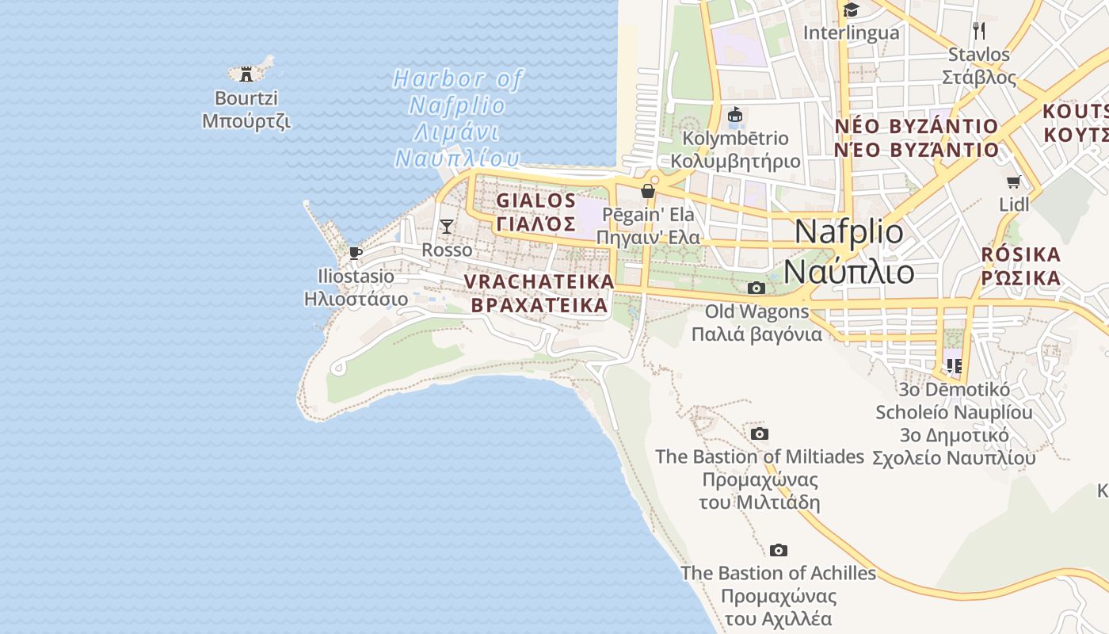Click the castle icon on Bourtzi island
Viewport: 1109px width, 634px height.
[246, 74]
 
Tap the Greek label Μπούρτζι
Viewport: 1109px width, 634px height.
[246, 121]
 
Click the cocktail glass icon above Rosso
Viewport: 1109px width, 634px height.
[447, 227]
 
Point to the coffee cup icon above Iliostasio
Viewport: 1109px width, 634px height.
[356, 253]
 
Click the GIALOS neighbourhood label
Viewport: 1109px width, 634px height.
[536, 200]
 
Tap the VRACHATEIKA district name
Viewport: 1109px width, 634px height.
[539, 281]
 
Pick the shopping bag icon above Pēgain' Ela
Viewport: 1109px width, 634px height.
[648, 191]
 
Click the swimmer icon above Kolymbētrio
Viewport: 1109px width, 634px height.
[736, 116]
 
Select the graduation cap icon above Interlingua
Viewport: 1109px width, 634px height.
[851, 10]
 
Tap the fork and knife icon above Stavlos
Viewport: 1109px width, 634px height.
[979, 31]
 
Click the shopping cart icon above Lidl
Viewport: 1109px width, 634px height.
[1013, 181]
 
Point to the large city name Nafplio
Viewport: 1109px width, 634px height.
[848, 231]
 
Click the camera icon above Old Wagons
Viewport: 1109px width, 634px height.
[756, 288]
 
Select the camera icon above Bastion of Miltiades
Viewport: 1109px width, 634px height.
[759, 433]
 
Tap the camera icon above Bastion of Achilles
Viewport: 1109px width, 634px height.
[778, 550]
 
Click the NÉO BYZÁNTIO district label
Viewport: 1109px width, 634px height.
[917, 126]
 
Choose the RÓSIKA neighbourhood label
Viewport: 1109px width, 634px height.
[1020, 254]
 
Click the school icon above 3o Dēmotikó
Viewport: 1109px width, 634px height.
[954, 365]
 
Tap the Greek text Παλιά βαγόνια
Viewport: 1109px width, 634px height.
[756, 334]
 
